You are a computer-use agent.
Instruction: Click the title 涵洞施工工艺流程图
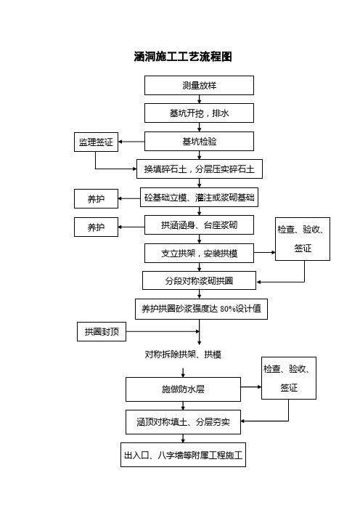(183, 57)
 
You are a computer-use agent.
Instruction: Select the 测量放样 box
(199, 86)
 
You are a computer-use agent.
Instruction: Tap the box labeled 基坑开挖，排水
(199, 113)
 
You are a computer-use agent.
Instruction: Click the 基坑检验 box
(199, 142)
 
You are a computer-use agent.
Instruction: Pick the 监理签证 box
(97, 142)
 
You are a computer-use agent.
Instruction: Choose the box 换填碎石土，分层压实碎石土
(200, 169)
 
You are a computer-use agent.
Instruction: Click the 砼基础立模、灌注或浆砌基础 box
(199, 197)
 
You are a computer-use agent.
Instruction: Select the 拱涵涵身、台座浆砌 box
(199, 224)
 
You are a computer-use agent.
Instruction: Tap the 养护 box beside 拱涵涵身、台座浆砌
(97, 227)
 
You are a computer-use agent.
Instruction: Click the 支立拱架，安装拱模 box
(199, 253)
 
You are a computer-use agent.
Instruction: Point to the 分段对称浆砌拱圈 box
(199, 280)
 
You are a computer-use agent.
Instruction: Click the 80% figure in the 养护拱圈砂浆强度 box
(227, 309)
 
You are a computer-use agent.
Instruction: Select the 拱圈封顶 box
(102, 332)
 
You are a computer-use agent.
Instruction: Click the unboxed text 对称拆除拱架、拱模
(183, 355)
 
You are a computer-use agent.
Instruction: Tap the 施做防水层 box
(183, 389)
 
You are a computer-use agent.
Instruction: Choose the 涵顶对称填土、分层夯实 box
(183, 422)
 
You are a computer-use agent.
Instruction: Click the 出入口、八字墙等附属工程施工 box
(183, 455)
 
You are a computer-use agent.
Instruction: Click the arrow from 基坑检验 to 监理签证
(131, 142)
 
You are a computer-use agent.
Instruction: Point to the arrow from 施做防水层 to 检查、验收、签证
(251, 387)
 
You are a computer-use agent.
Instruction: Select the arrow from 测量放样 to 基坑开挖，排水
(199, 100)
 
